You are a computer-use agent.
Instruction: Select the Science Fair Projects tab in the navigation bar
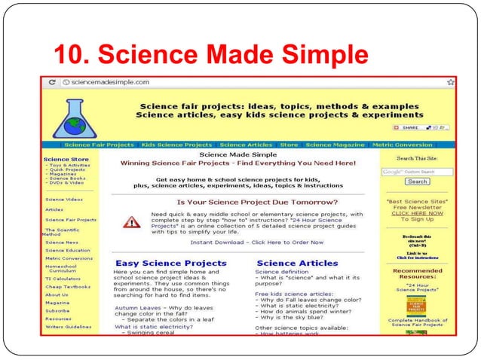click(99, 145)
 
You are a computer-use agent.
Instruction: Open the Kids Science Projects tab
click(177, 145)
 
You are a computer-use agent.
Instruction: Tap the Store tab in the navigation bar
click(289, 145)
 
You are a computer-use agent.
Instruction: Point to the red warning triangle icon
click(133, 222)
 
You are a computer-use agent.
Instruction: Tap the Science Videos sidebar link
click(64, 200)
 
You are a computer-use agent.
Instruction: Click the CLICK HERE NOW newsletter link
click(417, 213)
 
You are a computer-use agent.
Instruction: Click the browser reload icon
click(52, 81)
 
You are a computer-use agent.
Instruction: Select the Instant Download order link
click(257, 243)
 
